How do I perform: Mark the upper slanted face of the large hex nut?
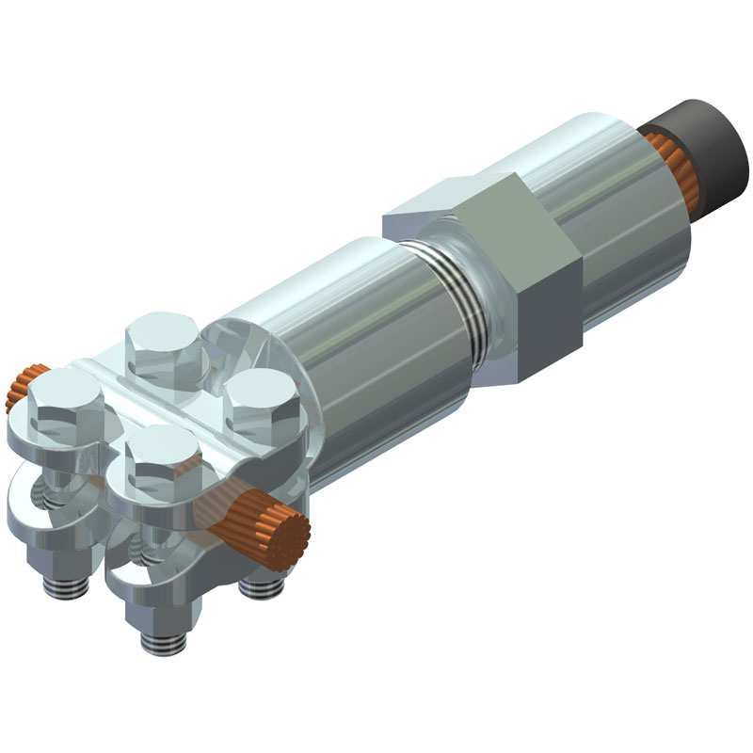(x=452, y=202)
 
